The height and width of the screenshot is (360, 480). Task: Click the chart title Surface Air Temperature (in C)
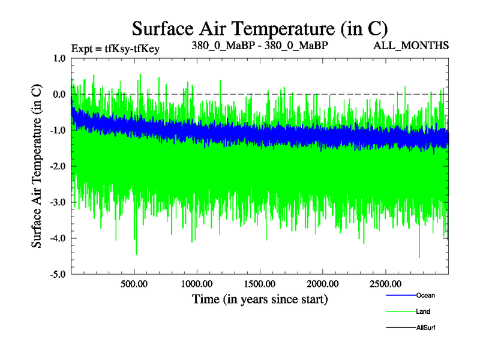pyautogui.click(x=259, y=28)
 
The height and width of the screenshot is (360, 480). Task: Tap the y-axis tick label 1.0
pyautogui.click(x=59, y=58)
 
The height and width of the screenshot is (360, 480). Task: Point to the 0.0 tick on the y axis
pyautogui.click(x=59, y=94)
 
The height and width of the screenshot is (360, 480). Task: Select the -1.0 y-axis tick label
pyautogui.click(x=58, y=130)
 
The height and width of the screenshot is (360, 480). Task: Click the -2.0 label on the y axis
pyautogui.click(x=58, y=166)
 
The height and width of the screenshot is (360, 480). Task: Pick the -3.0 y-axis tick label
pyautogui.click(x=58, y=202)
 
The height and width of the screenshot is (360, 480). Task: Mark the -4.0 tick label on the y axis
pyautogui.click(x=58, y=238)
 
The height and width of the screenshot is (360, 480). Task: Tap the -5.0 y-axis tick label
pyautogui.click(x=58, y=274)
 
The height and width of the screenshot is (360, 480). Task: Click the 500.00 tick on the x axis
pyautogui.click(x=134, y=284)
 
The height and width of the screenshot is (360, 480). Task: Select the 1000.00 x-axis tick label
pyautogui.click(x=196, y=284)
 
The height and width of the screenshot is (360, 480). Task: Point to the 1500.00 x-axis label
pyautogui.click(x=259, y=284)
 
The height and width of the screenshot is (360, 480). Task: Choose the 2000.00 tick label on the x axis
pyautogui.click(x=322, y=284)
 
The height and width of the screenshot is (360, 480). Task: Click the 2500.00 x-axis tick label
pyautogui.click(x=385, y=284)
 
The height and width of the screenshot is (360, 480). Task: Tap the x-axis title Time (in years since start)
pyautogui.click(x=260, y=299)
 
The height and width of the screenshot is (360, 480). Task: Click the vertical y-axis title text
pyautogui.click(x=37, y=166)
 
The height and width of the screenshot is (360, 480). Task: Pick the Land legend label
pyautogui.click(x=423, y=311)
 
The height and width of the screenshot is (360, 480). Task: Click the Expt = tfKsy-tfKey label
pyautogui.click(x=115, y=48)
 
